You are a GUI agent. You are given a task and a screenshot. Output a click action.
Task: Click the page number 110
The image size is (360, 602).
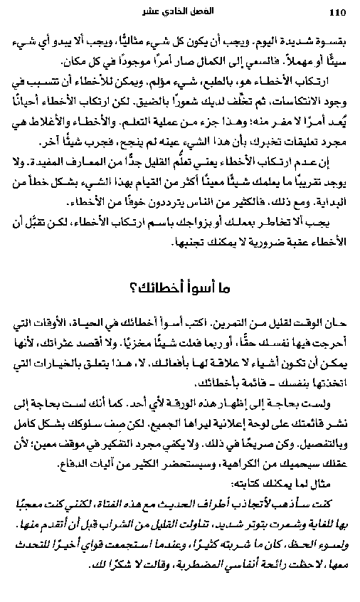coord(337,12)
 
